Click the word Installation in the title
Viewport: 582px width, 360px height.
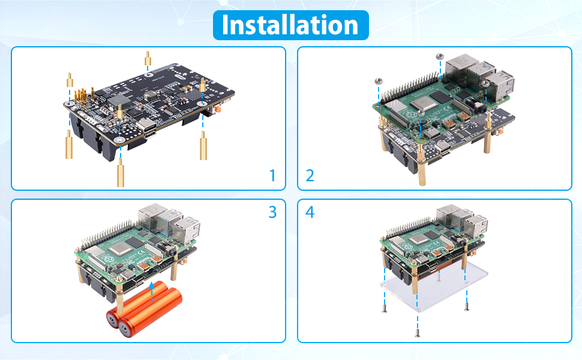[290, 25]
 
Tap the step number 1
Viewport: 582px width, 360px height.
[272, 176]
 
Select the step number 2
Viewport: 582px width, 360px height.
[310, 176]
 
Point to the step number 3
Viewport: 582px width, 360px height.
[272, 212]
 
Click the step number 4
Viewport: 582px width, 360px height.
[310, 212]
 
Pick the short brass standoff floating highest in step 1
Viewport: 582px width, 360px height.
[147, 58]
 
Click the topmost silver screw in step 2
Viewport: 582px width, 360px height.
[440, 56]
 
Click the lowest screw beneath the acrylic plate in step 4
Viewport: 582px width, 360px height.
[416, 334]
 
